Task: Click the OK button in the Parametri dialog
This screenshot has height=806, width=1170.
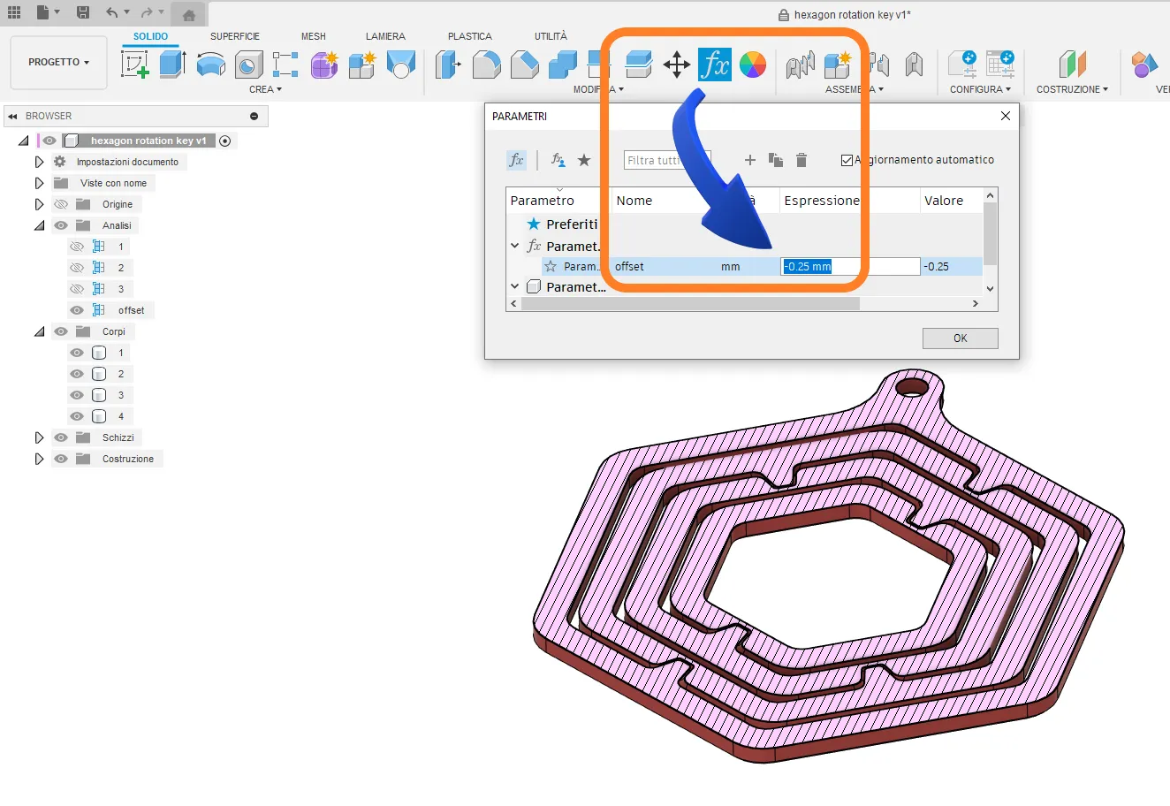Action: click(960, 338)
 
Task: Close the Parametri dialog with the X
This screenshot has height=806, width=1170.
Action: click(1005, 116)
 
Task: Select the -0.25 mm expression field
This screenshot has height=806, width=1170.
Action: click(849, 267)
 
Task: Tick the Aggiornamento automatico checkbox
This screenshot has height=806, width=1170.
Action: click(847, 160)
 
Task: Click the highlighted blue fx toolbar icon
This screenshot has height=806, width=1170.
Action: click(714, 65)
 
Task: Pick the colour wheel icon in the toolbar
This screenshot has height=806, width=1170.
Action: click(752, 65)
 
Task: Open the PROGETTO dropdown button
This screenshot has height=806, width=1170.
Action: click(58, 63)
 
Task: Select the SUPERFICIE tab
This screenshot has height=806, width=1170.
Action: click(235, 36)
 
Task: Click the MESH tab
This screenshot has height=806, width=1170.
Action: click(313, 36)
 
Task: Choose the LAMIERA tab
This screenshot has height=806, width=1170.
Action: click(385, 36)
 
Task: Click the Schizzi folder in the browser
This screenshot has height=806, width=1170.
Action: click(118, 437)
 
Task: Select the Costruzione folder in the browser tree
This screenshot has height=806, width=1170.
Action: click(127, 459)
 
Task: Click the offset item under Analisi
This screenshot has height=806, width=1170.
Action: click(131, 310)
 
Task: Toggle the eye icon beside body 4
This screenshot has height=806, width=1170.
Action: click(77, 416)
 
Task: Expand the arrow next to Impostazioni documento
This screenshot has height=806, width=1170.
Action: click(39, 162)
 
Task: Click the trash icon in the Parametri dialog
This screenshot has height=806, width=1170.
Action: click(801, 160)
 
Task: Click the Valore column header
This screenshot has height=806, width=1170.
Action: click(943, 201)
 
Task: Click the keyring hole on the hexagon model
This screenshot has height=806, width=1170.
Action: click(914, 387)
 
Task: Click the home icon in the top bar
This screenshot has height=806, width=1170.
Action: click(188, 14)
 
